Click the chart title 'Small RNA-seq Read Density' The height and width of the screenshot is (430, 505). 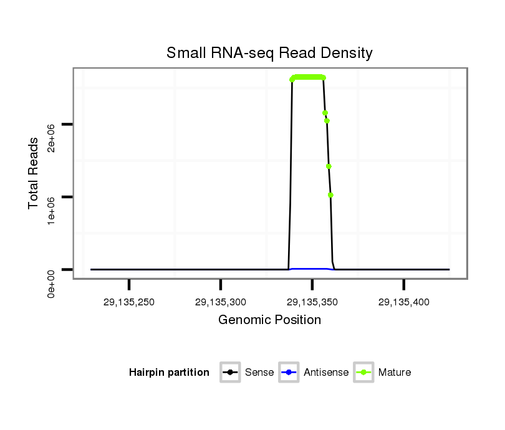(x=269, y=53)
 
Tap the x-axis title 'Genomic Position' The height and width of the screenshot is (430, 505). (x=269, y=320)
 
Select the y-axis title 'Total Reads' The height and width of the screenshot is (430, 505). (x=34, y=173)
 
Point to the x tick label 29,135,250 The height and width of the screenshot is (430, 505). (x=129, y=302)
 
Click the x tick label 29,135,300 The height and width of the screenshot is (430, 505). (x=221, y=302)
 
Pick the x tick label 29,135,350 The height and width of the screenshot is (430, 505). (x=312, y=302)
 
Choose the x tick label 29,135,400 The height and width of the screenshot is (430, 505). (x=404, y=302)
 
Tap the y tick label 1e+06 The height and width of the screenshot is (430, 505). (x=52, y=208)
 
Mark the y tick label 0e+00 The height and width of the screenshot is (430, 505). (x=52, y=281)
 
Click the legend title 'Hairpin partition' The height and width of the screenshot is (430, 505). (x=169, y=373)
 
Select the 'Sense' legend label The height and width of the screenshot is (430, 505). (x=259, y=373)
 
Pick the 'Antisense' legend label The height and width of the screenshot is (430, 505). (x=326, y=373)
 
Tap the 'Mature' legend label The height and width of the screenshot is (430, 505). (x=395, y=373)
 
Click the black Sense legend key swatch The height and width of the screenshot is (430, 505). (x=230, y=373)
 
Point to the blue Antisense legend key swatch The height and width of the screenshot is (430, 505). (x=289, y=373)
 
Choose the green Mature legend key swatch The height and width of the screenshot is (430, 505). (x=363, y=373)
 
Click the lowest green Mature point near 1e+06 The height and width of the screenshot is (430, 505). (x=330, y=195)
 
